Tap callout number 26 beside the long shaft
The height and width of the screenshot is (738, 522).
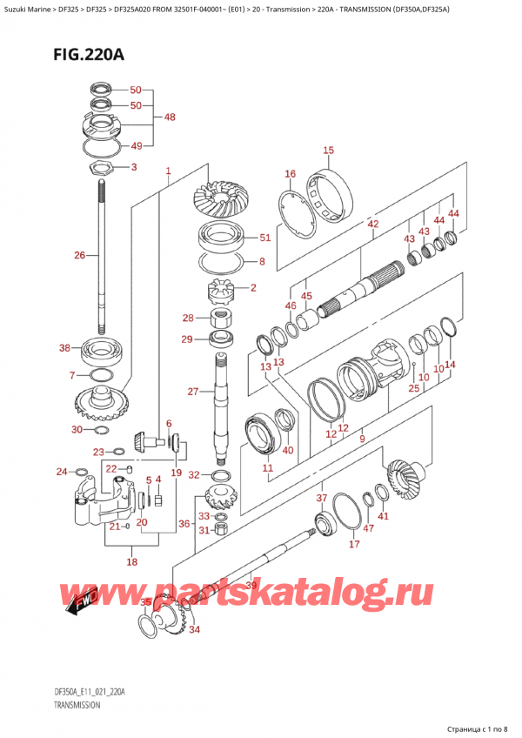click(81, 256)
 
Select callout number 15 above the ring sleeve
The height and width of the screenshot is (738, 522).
click(328, 151)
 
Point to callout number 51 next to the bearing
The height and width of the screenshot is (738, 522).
click(264, 237)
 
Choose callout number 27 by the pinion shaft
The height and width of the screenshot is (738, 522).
click(193, 392)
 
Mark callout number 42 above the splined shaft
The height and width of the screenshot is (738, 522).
click(373, 225)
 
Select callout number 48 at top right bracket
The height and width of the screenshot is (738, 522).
click(169, 117)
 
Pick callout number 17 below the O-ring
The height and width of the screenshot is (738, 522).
click(353, 545)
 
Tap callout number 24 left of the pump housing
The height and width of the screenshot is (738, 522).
click(61, 473)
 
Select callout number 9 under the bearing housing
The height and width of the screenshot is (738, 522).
click(361, 439)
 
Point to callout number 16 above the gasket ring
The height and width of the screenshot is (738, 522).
click(290, 174)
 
